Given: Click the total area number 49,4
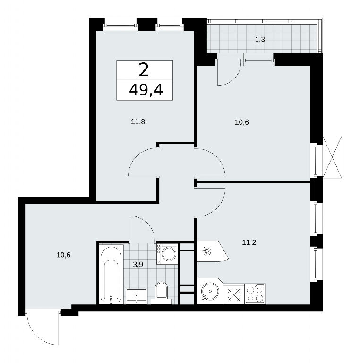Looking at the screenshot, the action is click(146, 90).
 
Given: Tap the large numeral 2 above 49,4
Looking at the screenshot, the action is click(144, 70).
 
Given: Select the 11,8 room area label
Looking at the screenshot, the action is click(138, 122).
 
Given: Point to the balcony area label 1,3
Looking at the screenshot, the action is click(260, 40).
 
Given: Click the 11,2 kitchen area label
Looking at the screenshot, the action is click(249, 242).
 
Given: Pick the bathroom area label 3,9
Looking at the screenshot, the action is click(138, 265).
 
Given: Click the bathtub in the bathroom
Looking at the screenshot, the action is click(111, 274).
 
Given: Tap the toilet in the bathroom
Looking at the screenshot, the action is click(161, 292).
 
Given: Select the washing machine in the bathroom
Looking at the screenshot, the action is click(167, 254).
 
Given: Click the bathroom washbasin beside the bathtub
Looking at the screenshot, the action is click(136, 296).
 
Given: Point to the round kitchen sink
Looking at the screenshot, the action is click(210, 291).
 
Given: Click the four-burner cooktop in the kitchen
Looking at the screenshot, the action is click(255, 294).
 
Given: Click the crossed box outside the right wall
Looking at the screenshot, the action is click(332, 157).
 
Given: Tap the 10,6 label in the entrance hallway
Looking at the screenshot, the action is click(64, 255).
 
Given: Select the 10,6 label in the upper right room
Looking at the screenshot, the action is click(242, 122).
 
